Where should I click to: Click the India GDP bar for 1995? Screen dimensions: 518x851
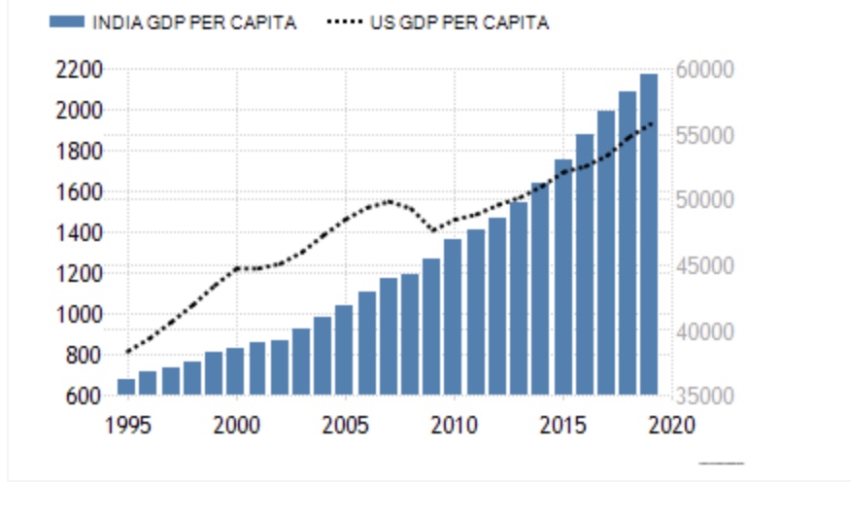(126, 387)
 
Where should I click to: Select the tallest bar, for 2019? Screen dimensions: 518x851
(649, 234)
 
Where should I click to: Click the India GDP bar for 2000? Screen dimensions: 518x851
(235, 371)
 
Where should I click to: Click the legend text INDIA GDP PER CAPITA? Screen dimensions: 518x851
(194, 23)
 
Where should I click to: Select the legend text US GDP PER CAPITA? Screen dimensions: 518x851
(460, 23)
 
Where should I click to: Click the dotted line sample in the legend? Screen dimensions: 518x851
(345, 23)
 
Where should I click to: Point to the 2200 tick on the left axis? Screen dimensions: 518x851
(79, 70)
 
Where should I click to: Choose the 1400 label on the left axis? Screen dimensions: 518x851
(79, 233)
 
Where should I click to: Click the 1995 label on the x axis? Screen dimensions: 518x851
(127, 425)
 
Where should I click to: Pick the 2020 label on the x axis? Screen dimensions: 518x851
(671, 425)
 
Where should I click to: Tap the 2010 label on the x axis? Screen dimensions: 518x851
(454, 425)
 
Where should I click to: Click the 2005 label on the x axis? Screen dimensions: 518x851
(345, 425)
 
